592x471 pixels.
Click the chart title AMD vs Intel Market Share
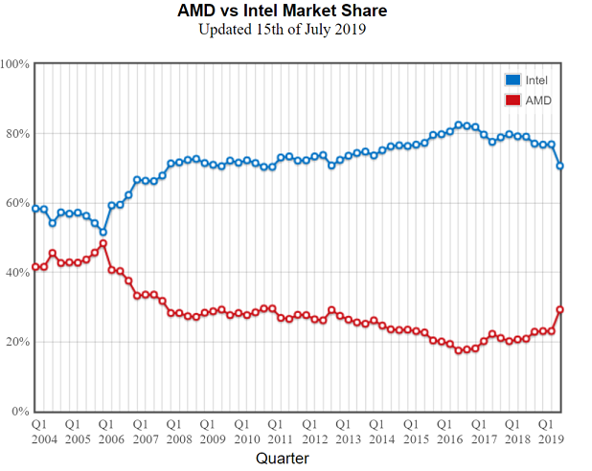pyautogui.click(x=283, y=11)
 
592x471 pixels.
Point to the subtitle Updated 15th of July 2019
pyautogui.click(x=283, y=29)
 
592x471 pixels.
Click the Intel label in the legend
pyautogui.click(x=537, y=79)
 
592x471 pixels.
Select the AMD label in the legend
pyautogui.click(x=538, y=100)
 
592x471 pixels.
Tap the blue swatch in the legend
pyautogui.click(x=512, y=79)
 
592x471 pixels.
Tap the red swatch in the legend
pyautogui.click(x=512, y=100)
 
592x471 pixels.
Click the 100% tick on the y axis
pyautogui.click(x=15, y=64)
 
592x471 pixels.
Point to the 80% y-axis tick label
pyautogui.click(x=18, y=134)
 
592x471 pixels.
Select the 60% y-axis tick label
pyautogui.click(x=18, y=203)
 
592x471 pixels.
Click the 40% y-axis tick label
pyautogui.click(x=18, y=273)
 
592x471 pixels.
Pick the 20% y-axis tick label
pyautogui.click(x=18, y=342)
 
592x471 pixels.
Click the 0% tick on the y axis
pyautogui.click(x=21, y=412)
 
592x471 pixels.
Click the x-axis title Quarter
pyautogui.click(x=283, y=459)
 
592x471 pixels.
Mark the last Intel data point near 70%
pyautogui.click(x=560, y=166)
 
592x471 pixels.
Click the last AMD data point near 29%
pyautogui.click(x=560, y=309)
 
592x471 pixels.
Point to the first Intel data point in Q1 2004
pyautogui.click(x=35, y=209)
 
